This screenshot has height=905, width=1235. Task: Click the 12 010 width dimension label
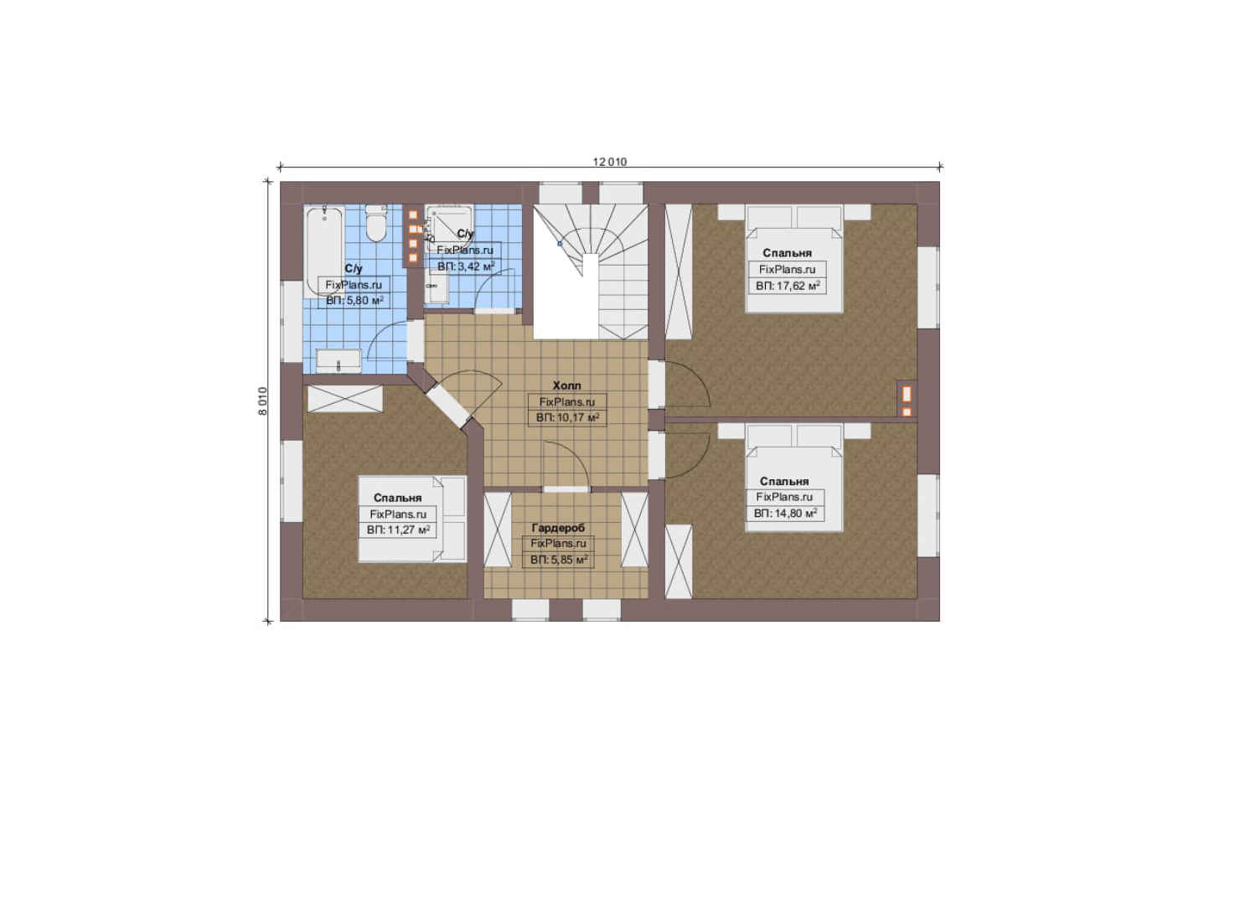pyautogui.click(x=610, y=162)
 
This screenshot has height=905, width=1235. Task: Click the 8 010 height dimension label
pyautogui.click(x=263, y=401)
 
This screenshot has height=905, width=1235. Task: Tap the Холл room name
pyautogui.click(x=566, y=386)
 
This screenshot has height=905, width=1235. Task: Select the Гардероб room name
pyautogui.click(x=558, y=528)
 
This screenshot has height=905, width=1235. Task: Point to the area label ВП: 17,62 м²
pyautogui.click(x=788, y=287)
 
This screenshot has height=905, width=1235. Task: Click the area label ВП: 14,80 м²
pyautogui.click(x=785, y=514)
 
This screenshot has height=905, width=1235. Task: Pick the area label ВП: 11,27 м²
pyautogui.click(x=398, y=530)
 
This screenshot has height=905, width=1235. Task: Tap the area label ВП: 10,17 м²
pyautogui.click(x=567, y=418)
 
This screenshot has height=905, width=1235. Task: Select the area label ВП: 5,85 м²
pyautogui.click(x=559, y=561)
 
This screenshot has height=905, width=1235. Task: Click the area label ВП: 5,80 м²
pyautogui.click(x=354, y=301)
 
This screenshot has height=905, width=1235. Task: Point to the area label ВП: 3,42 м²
pyautogui.click(x=466, y=267)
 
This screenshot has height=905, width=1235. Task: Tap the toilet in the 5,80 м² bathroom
pyautogui.click(x=376, y=224)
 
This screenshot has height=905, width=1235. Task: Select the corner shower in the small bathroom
pyautogui.click(x=449, y=227)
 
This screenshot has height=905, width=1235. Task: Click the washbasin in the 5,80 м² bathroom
pyautogui.click(x=338, y=361)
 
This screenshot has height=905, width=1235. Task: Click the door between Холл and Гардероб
pyautogui.click(x=566, y=489)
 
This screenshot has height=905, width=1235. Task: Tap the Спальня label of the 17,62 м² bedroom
pyautogui.click(x=788, y=253)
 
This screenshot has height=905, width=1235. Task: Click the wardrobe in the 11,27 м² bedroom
pyautogui.click(x=345, y=399)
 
